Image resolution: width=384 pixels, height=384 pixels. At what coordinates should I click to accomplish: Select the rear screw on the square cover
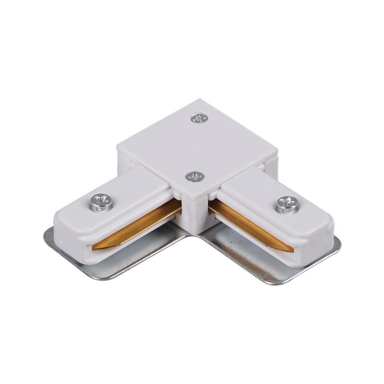click(199, 118)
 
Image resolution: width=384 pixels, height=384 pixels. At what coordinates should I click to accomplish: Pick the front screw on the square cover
click(195, 176)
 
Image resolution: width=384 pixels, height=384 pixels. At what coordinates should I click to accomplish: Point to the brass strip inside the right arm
click(250, 226)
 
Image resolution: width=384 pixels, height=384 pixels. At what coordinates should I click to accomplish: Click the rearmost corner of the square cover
click(200, 101)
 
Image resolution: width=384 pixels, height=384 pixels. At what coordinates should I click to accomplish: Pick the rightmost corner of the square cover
click(277, 156)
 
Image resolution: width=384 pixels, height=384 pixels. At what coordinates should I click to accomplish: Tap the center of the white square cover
click(197, 146)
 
